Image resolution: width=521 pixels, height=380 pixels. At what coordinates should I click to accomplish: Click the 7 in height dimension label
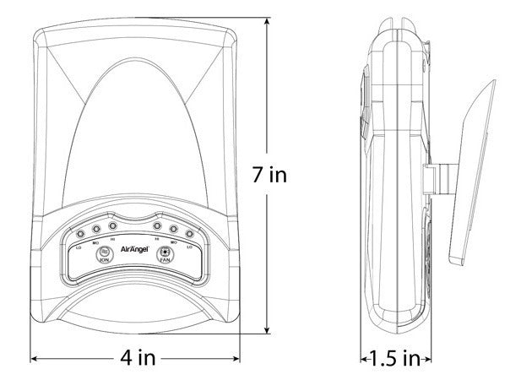coord(270,176)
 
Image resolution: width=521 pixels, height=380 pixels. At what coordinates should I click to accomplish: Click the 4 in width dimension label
coord(138,358)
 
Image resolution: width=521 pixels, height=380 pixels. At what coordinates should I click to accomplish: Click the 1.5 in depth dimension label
coord(393,358)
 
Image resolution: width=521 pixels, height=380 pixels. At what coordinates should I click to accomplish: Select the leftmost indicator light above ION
coord(80,234)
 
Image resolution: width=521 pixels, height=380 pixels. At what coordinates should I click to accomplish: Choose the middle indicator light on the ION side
coord(96,229)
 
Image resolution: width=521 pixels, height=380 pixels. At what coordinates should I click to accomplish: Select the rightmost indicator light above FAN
coord(190,234)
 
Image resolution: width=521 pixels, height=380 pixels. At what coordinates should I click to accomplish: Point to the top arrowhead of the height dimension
coord(269,19)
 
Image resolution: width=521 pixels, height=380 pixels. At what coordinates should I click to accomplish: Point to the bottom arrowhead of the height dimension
coord(269,333)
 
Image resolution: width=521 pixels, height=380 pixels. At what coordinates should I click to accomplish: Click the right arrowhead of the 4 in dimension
coord(239,358)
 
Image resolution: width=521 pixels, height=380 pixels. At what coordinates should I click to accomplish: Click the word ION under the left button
coord(105,262)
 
